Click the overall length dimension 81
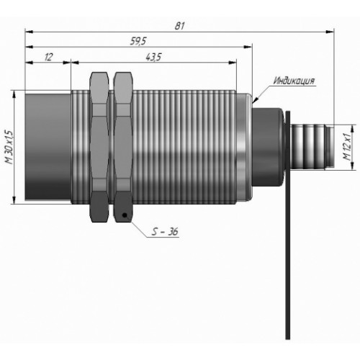coord(179,26)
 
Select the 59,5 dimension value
coord(138,41)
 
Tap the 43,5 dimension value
coord(153,57)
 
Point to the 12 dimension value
coord(48,57)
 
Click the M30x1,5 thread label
coord(9,147)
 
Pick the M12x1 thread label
coord(346,147)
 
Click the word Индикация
coord(294,81)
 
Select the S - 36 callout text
coord(165,231)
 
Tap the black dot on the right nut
coord(125,215)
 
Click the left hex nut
coord(99,147)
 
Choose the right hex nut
coord(123,147)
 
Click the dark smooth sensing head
coord(48,147)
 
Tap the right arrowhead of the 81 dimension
coord(330,32)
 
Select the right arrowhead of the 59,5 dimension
coord(248,47)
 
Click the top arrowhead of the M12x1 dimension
coord(353,129)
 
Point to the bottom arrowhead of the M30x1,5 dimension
coord(14,199)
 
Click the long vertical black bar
coord(288,225)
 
